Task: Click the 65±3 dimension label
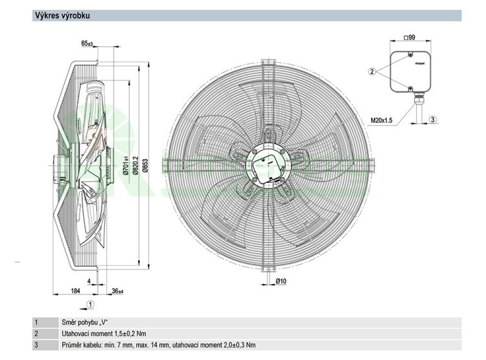87,44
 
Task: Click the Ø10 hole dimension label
281,281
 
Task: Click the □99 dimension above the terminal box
409,38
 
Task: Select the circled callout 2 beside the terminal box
372,71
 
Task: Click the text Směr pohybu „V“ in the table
84,322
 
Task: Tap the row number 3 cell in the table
37,344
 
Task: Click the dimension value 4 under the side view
89,282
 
